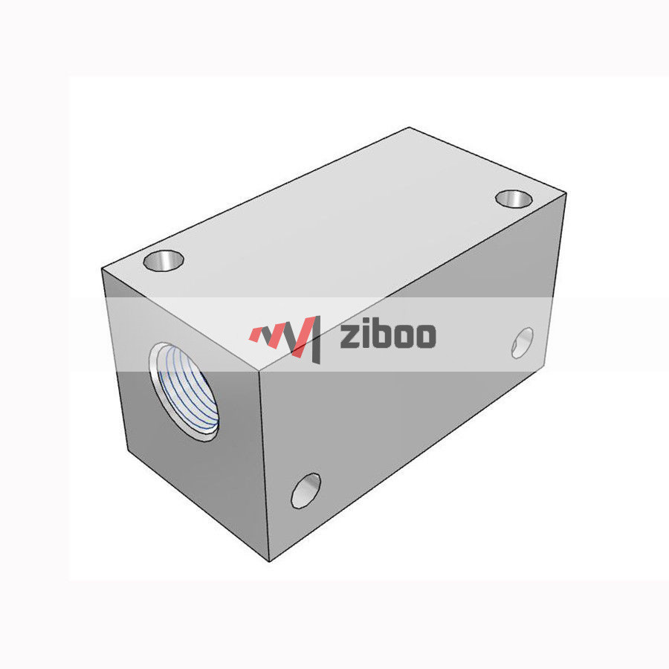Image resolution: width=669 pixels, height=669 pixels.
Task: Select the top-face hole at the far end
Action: click(513, 198)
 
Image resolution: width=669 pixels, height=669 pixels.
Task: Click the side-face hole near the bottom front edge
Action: click(306, 491)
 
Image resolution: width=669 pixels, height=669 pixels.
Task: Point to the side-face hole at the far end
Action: click(523, 342)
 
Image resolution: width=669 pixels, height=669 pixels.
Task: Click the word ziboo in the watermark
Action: click(387, 335)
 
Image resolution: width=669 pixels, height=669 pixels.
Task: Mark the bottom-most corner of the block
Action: click(269, 560)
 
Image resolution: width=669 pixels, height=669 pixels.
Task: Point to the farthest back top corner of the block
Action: click(410, 128)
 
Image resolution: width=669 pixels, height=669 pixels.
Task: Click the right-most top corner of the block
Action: click(569, 195)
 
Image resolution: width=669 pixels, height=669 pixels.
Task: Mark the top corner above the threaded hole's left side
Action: click(102, 269)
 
